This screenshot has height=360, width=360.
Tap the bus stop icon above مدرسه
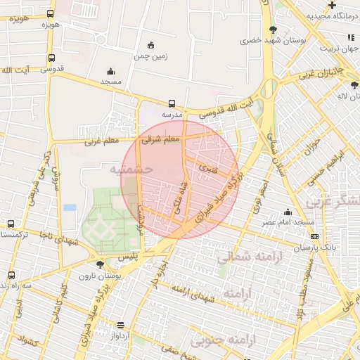[x=173, y=103]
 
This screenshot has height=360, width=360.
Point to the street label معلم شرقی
[x=161, y=139]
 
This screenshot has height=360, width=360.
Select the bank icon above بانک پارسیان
[x=314, y=237]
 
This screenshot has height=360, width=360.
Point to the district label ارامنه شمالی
[x=243, y=258]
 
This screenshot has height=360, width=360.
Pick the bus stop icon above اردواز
[x=122, y=325]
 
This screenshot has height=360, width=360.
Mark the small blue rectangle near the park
[x=69, y=207]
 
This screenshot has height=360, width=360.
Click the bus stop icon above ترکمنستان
[x=11, y=224]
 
